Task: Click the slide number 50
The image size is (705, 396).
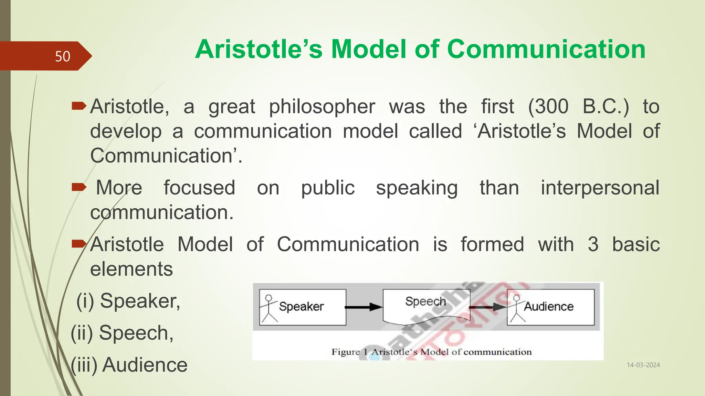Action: tap(62, 56)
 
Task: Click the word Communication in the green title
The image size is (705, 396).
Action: tap(546, 49)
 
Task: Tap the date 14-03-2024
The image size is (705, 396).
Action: tap(643, 365)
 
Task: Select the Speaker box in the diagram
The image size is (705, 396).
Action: tap(302, 307)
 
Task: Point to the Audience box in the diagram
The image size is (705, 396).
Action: tap(551, 307)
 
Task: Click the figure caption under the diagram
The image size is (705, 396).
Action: tap(431, 352)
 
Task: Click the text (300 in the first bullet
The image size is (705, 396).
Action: tap(548, 107)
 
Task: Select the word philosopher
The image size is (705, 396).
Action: tap(322, 107)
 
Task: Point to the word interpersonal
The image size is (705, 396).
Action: tap(600, 188)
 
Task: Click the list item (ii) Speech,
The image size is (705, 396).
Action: tap(122, 333)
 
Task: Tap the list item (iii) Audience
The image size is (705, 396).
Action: tap(129, 365)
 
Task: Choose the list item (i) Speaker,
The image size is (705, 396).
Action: tap(128, 301)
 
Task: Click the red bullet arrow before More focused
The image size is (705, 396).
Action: tap(79, 187)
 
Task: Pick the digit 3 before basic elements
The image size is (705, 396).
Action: tap(593, 244)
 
